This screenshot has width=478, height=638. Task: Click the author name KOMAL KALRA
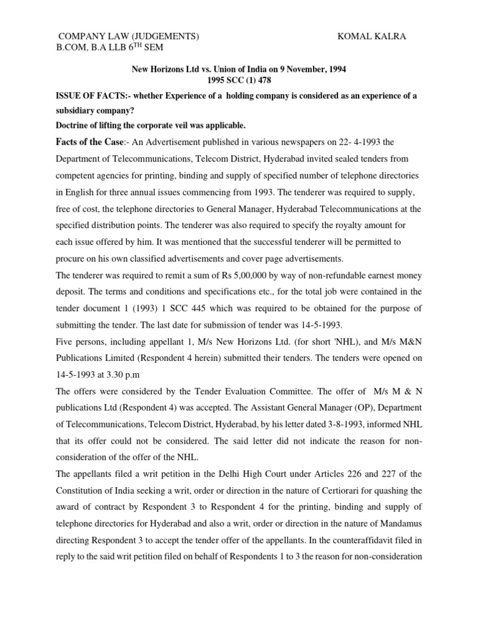[372, 37]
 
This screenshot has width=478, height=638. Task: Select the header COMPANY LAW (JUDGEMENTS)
[129, 37]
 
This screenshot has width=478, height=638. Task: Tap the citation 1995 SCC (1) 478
[239, 80]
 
